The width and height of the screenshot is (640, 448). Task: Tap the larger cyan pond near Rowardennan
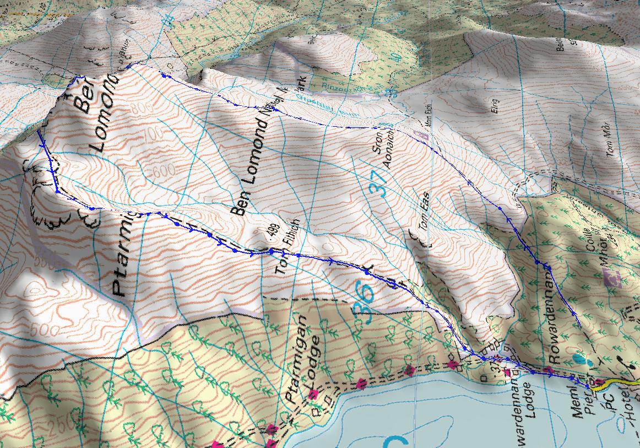coord(577,359)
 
